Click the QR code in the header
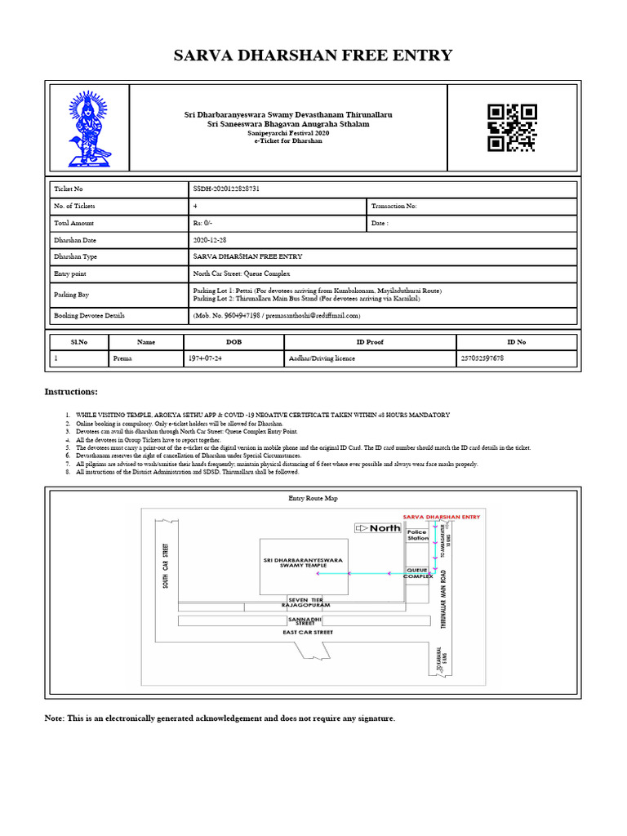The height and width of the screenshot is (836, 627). tap(512, 127)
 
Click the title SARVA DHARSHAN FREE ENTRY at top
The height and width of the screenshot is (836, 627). tap(313, 56)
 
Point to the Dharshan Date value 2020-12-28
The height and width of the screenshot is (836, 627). tap(211, 240)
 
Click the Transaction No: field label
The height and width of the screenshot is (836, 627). tap(394, 207)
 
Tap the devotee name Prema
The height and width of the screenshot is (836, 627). tap(122, 358)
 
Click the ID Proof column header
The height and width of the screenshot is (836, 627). tap(370, 342)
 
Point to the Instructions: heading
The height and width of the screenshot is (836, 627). tap(70, 393)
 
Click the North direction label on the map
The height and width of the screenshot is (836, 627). tap(379, 528)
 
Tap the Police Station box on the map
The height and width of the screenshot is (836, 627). tap(418, 536)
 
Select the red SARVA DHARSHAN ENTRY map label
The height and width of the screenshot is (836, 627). tap(442, 517)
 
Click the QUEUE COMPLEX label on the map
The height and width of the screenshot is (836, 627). tap(419, 573)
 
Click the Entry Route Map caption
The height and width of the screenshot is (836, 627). tap(313, 497)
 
